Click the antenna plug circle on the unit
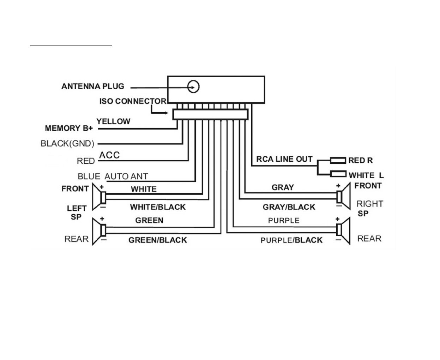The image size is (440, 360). point(193,86)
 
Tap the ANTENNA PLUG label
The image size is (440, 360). point(93,86)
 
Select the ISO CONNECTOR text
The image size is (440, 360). point(133,101)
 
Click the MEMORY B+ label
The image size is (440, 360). point(69,128)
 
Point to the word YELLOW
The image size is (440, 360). point(113,121)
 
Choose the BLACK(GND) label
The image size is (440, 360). point(67,144)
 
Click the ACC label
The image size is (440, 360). point(109,155)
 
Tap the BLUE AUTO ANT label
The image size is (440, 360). point(113,176)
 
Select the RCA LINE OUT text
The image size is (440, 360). point(284,159)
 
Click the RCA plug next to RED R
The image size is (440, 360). point(338,161)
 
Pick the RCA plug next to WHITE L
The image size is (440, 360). point(338,174)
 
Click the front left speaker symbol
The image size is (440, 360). point(98,197)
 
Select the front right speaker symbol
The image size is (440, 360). point(343,196)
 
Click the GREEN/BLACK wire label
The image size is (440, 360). point(157,240)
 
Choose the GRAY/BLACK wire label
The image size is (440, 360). point(289,207)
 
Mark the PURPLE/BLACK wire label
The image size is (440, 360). point(291,240)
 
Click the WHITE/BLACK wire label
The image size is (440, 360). point(158,207)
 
